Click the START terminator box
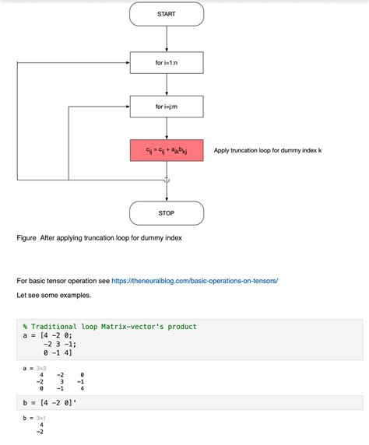pos(167,14)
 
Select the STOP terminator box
pos(167,212)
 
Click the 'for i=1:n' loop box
pos(167,62)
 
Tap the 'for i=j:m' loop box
pos(167,106)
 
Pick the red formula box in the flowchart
pos(167,150)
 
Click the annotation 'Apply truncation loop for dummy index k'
pos(267,150)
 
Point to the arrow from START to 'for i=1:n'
pos(167,39)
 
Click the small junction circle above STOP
pos(167,180)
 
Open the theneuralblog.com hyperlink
pos(195,280)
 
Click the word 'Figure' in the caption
pos(27,238)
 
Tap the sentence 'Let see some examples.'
pos(54,296)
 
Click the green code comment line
pos(110,327)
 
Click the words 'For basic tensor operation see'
pos(62,280)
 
